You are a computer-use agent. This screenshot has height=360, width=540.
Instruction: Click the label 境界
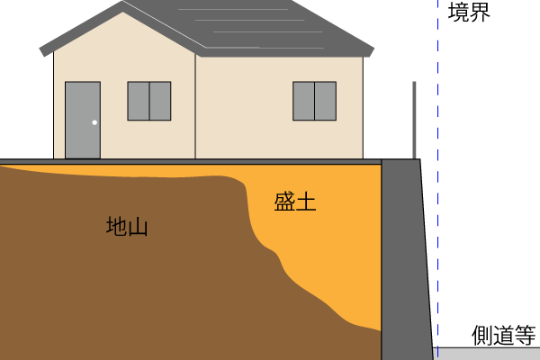tap(469, 12)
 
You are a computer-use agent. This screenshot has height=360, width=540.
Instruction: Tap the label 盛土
tap(295, 202)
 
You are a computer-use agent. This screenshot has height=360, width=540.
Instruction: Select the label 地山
tap(127, 226)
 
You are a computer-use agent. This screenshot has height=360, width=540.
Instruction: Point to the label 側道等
tap(503, 335)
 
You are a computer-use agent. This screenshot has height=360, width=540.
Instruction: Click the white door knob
tap(94, 122)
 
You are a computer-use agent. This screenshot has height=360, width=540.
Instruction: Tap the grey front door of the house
tap(83, 121)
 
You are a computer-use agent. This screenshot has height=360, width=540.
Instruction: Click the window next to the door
tap(149, 101)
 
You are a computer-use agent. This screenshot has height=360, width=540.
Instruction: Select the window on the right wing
tap(314, 101)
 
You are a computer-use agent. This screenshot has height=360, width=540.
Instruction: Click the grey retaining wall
tap(407, 259)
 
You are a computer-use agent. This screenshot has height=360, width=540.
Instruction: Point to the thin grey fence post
tap(414, 121)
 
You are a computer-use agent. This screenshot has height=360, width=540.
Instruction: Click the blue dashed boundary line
tap(437, 180)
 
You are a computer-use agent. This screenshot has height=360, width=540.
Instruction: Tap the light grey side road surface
tap(487, 354)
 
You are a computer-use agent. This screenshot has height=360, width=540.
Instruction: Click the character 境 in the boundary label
tap(458, 12)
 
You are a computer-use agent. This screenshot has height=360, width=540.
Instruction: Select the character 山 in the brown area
tap(138, 227)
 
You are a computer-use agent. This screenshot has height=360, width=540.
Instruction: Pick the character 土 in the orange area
tap(306, 202)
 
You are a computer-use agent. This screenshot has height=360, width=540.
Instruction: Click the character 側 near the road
tap(482, 335)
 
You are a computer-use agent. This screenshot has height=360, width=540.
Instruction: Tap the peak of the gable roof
tap(122, 2)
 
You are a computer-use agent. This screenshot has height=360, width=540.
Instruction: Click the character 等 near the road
tap(526, 335)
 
